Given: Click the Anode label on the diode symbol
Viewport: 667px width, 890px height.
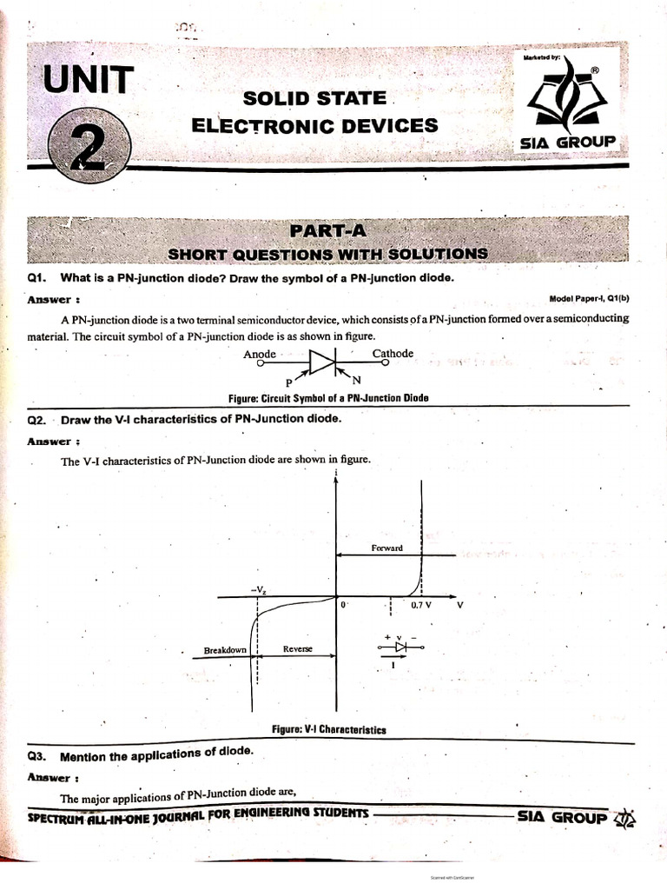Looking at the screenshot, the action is pos(260,355).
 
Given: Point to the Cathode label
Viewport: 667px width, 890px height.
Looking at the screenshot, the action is pos(393,354).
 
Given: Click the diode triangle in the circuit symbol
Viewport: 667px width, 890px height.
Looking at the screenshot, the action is pos(323,362).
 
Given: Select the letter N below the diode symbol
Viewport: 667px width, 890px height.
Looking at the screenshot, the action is pos(356,381).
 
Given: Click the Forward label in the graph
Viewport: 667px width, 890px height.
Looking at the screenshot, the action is pos(387,548).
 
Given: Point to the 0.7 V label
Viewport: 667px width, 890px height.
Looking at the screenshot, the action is pos(423,605).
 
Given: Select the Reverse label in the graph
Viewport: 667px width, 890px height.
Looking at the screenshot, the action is pos(297,650).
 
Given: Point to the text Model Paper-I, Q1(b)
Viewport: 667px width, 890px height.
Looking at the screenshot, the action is pos(590,299).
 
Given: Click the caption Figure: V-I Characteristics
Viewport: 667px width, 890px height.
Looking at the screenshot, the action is pos(329,730).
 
